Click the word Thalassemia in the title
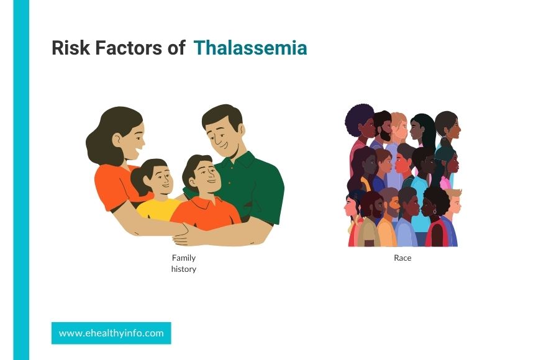250,48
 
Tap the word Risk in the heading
71,48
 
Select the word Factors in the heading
129,48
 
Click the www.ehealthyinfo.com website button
111,333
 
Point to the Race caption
402,258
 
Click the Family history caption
184,263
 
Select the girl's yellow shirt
157,209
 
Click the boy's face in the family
206,176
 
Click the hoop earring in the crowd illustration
435,212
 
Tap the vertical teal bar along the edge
21,180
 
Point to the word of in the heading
176,48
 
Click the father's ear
242,130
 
